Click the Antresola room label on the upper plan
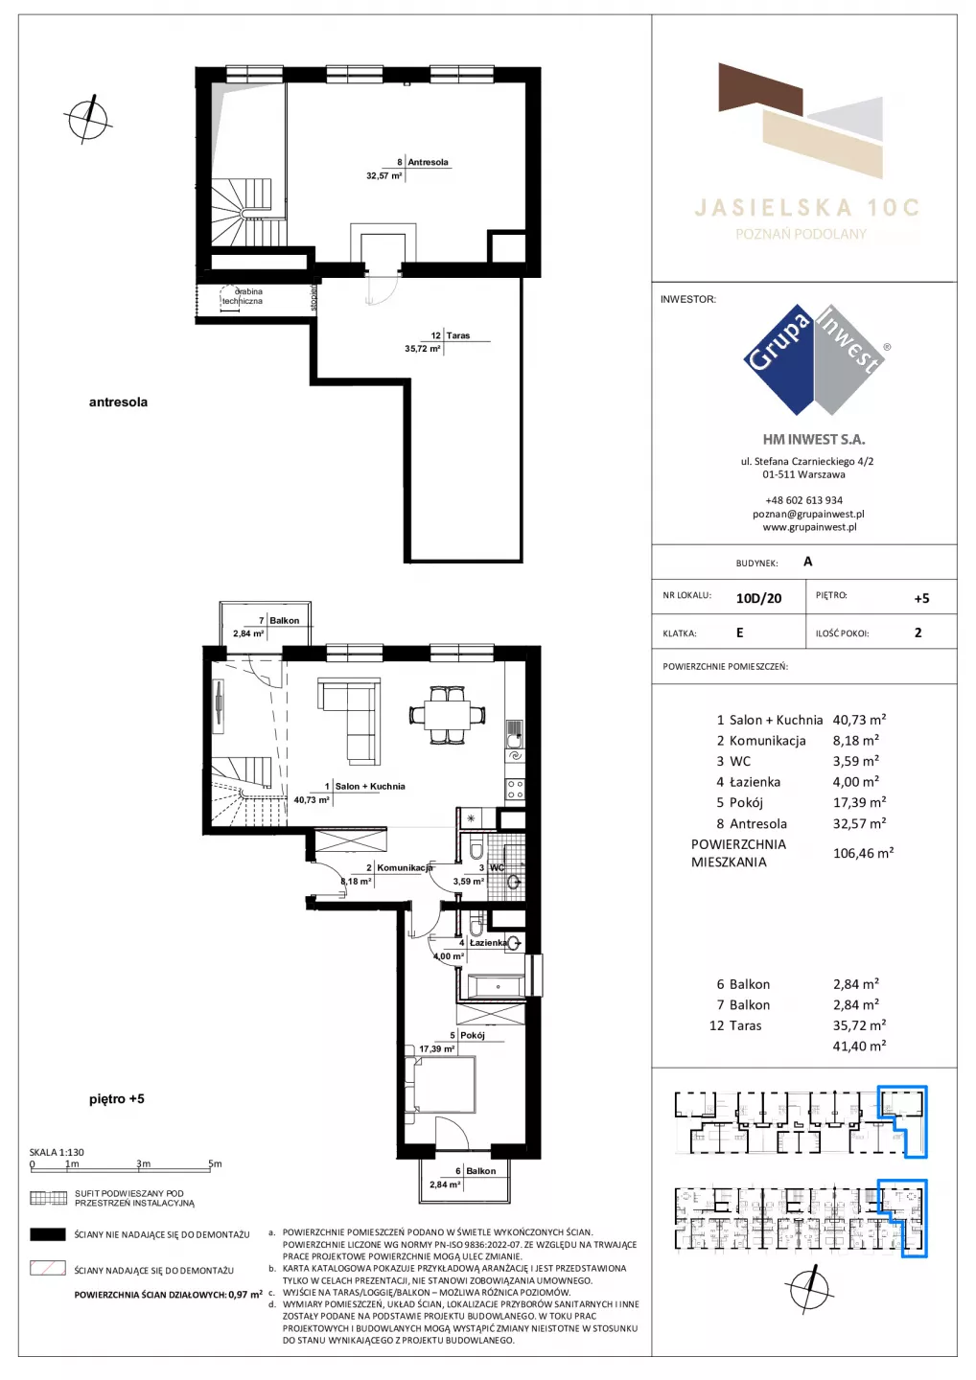[x=428, y=162]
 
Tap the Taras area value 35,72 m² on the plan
[x=422, y=349]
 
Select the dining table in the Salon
[x=448, y=715]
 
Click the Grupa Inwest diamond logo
[x=815, y=359]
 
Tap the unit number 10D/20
[x=758, y=598]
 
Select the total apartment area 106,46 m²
[x=863, y=853]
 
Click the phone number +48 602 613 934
[x=803, y=500]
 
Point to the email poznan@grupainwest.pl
[x=808, y=514]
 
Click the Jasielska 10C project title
[x=806, y=208]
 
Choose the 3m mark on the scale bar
[x=143, y=1163]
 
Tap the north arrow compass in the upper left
[x=88, y=119]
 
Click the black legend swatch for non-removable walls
[x=47, y=1234]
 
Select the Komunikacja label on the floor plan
[x=405, y=867]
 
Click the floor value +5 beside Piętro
[x=921, y=598]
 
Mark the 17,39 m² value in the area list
[x=859, y=802]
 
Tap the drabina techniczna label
[x=244, y=296]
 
